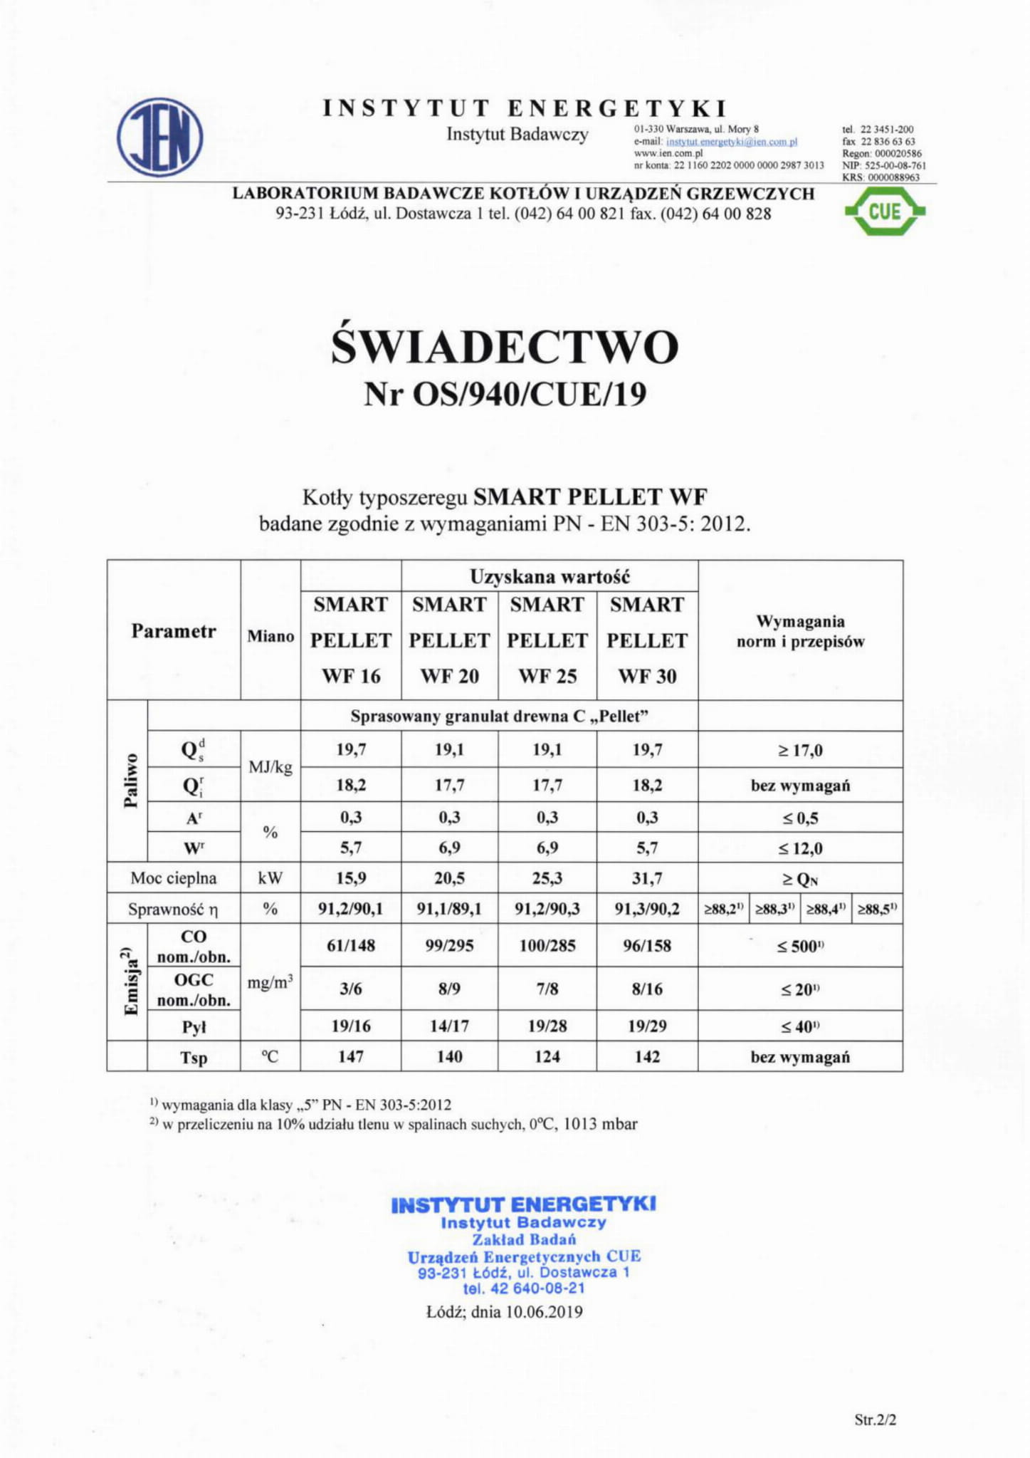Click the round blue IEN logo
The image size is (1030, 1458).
(x=159, y=137)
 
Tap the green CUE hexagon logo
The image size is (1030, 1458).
(x=884, y=211)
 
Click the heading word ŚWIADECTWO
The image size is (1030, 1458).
(x=505, y=347)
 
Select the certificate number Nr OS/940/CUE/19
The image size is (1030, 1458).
(x=505, y=394)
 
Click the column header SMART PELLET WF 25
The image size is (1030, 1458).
(x=547, y=640)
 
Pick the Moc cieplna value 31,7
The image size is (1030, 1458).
(x=646, y=878)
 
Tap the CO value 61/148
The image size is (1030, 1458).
(x=350, y=946)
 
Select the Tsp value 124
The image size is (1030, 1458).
(x=547, y=1056)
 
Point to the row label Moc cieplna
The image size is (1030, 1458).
(x=173, y=878)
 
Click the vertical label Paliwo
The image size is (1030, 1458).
(x=130, y=781)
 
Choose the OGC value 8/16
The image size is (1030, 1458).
(x=646, y=989)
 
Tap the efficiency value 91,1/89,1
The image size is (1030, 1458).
(x=449, y=909)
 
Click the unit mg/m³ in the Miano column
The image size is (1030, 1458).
(x=270, y=983)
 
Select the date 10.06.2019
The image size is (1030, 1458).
(x=544, y=1311)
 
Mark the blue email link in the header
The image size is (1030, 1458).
(x=731, y=142)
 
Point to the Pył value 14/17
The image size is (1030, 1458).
(x=449, y=1026)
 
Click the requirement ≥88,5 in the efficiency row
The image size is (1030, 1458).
(x=877, y=909)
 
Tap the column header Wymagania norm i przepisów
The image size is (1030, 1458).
(x=800, y=631)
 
